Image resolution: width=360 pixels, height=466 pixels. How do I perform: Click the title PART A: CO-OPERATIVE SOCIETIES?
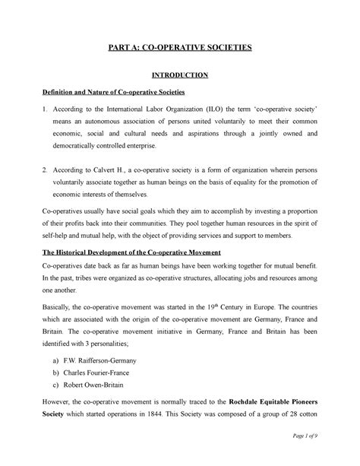click(x=180, y=47)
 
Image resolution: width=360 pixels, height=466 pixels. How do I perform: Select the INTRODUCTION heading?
click(x=180, y=75)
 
